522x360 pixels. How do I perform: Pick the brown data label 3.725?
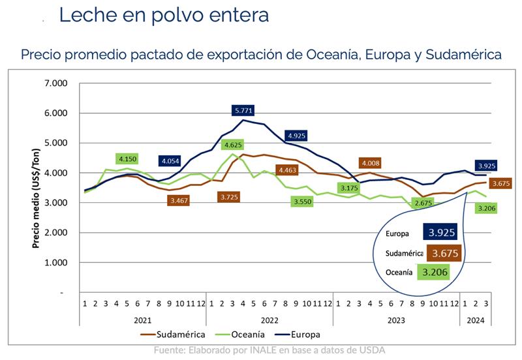[229, 196]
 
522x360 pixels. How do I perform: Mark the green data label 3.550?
[304, 202]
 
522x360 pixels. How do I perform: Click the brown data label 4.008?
[369, 164]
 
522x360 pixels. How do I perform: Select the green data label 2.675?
[424, 203]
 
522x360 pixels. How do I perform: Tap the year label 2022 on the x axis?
[269, 320]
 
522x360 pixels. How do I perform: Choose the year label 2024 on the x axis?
[474, 320]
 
